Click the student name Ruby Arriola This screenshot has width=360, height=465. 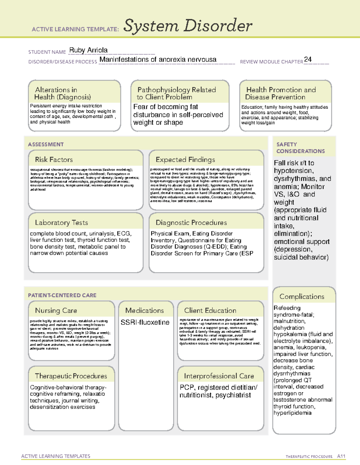(x=88, y=50)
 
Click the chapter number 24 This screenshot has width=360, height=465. (x=308, y=59)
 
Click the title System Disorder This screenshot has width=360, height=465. (x=188, y=26)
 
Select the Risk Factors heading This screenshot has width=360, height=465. (x=54, y=160)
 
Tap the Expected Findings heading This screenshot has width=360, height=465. (x=185, y=160)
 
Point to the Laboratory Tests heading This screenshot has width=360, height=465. (x=61, y=222)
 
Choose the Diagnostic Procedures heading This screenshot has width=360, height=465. (x=191, y=222)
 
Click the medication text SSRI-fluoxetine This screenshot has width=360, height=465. (x=145, y=322)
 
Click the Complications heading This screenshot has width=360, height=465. (x=302, y=296)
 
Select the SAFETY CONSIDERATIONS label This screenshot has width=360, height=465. (x=300, y=148)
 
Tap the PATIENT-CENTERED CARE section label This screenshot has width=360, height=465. (x=62, y=295)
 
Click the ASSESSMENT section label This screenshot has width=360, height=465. (x=46, y=144)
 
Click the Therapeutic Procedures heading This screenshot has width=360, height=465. (x=71, y=376)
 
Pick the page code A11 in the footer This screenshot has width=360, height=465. (x=341, y=456)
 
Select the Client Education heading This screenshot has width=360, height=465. (x=210, y=310)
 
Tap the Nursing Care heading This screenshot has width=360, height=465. (x=56, y=310)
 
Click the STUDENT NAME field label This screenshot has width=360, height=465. (x=47, y=52)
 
